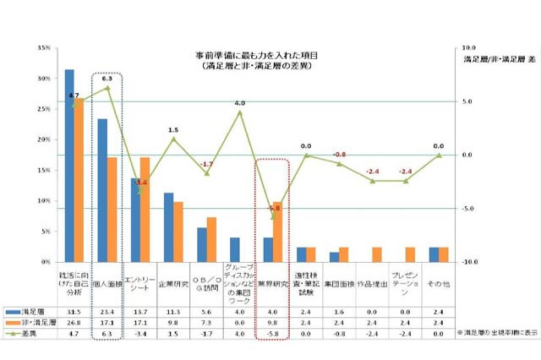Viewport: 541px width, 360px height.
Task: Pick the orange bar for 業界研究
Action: (x=278, y=232)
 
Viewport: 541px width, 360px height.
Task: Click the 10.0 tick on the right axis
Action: (x=470, y=48)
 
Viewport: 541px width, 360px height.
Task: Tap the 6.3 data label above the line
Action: (x=107, y=78)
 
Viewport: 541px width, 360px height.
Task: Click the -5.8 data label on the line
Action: (x=274, y=208)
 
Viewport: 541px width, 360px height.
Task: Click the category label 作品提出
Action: (x=372, y=284)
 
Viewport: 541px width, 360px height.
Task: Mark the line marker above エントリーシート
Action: (x=140, y=191)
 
